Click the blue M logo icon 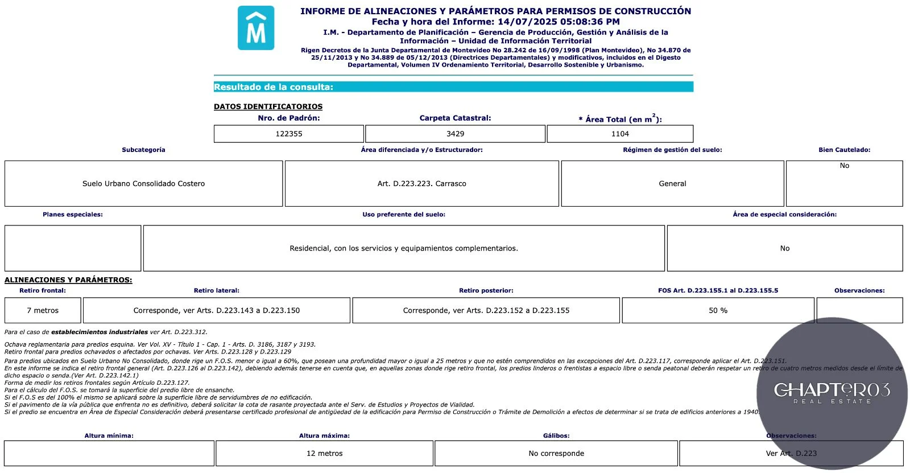(255, 28)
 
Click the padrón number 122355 (289, 134)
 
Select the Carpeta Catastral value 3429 (455, 134)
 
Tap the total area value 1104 (620, 134)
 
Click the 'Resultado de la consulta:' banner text (274, 87)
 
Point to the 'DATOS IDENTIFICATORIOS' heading (268, 106)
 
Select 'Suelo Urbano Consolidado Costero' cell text (143, 184)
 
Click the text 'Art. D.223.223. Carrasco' (421, 184)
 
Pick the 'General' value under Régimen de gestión (672, 184)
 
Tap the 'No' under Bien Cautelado (844, 166)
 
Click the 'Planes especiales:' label (73, 215)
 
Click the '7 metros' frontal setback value (43, 311)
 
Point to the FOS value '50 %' (718, 311)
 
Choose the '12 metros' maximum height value (324, 454)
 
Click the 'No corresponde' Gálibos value (556, 454)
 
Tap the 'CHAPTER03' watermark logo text (832, 390)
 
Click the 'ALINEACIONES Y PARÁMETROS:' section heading (68, 280)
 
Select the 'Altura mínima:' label (109, 436)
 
